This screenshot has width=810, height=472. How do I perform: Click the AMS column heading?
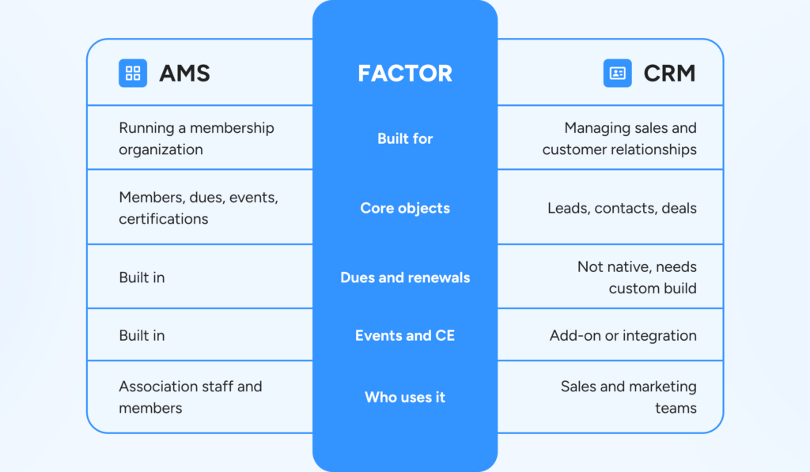pos(184,74)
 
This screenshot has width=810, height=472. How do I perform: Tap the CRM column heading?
pos(669,74)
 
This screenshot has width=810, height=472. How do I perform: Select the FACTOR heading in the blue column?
pos(405,74)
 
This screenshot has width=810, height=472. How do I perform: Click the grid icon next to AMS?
pos(133,73)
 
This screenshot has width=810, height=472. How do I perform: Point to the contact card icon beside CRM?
pos(617,73)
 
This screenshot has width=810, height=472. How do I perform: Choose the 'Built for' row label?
pos(405,138)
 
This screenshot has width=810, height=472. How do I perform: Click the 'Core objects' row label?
pos(405,208)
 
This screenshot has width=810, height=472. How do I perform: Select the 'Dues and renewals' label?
pos(405,278)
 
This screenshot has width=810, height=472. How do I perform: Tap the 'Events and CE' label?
pos(405,336)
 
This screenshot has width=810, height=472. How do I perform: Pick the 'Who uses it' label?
pos(405,397)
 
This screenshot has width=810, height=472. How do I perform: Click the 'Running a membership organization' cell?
pos(196,138)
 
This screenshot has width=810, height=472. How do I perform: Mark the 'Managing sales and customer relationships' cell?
pos(619,138)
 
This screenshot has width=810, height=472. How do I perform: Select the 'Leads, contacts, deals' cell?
pos(622,208)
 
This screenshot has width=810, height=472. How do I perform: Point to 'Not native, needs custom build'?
pos(637,278)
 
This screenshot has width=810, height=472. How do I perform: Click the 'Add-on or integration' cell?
pos(623,336)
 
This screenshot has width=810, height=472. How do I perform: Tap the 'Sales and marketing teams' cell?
pos(629,397)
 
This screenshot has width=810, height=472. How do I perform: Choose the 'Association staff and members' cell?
pos(190,397)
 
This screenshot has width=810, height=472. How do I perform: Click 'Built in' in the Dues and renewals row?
pos(142,278)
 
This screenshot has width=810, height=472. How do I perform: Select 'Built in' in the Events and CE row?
pos(142,336)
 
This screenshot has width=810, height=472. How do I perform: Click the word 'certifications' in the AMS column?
pos(163,219)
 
